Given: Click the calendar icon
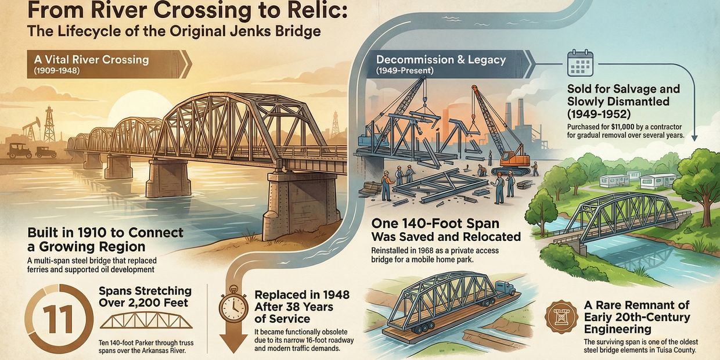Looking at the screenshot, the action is (x=580, y=63).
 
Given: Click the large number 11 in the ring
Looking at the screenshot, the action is (x=59, y=319).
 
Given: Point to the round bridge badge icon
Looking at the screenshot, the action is (x=561, y=317).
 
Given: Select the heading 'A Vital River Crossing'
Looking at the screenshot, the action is (x=91, y=59).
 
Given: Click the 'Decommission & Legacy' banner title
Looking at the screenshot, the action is (x=441, y=59).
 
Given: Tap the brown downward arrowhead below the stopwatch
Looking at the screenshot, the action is (x=233, y=343).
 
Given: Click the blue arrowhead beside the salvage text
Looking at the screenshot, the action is (x=694, y=138).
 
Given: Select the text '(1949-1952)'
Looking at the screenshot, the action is (x=599, y=114).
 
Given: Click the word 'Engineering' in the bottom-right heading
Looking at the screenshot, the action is (x=618, y=329).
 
